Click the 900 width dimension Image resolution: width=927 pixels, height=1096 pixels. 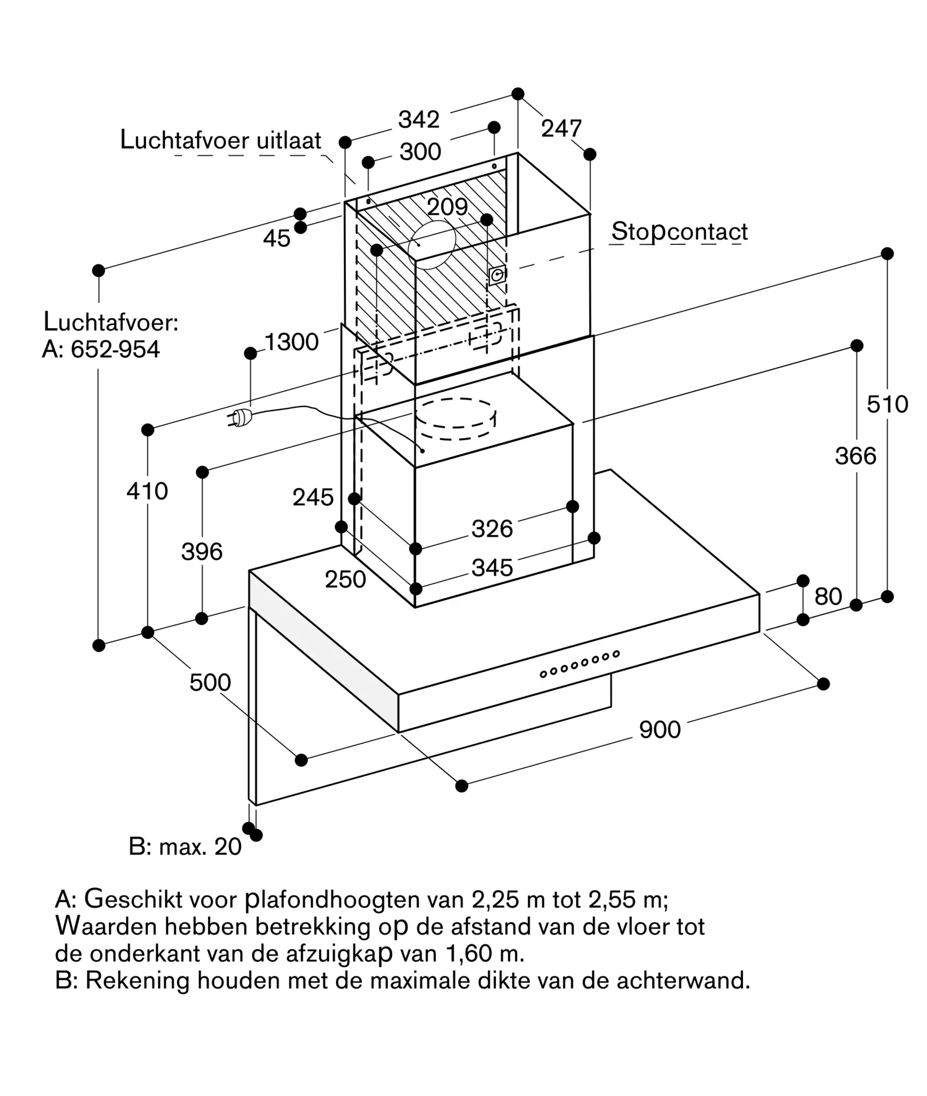click(x=660, y=729)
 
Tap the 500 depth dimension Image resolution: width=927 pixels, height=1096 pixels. click(x=210, y=682)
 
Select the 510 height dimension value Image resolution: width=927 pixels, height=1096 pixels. click(x=887, y=404)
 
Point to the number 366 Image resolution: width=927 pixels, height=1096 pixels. click(x=855, y=456)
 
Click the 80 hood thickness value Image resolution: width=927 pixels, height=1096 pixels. click(x=828, y=596)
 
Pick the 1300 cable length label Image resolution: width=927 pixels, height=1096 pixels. click(x=291, y=342)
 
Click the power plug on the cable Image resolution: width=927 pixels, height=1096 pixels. click(x=239, y=418)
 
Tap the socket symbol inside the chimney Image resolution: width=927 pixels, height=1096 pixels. click(x=497, y=275)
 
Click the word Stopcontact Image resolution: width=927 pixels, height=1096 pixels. click(x=679, y=232)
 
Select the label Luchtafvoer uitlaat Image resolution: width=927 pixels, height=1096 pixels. click(x=220, y=140)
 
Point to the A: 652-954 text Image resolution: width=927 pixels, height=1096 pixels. click(x=101, y=349)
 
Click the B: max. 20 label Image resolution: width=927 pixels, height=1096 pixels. click(x=185, y=847)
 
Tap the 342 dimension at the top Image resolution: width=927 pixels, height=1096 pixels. click(x=419, y=119)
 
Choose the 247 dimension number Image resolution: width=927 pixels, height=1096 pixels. click(x=561, y=129)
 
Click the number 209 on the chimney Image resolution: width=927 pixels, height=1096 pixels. click(x=447, y=207)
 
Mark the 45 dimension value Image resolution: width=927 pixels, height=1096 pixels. click(x=277, y=238)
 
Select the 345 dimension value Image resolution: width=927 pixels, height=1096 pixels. click(x=492, y=568)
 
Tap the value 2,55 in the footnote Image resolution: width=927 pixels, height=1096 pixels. click(x=611, y=900)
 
